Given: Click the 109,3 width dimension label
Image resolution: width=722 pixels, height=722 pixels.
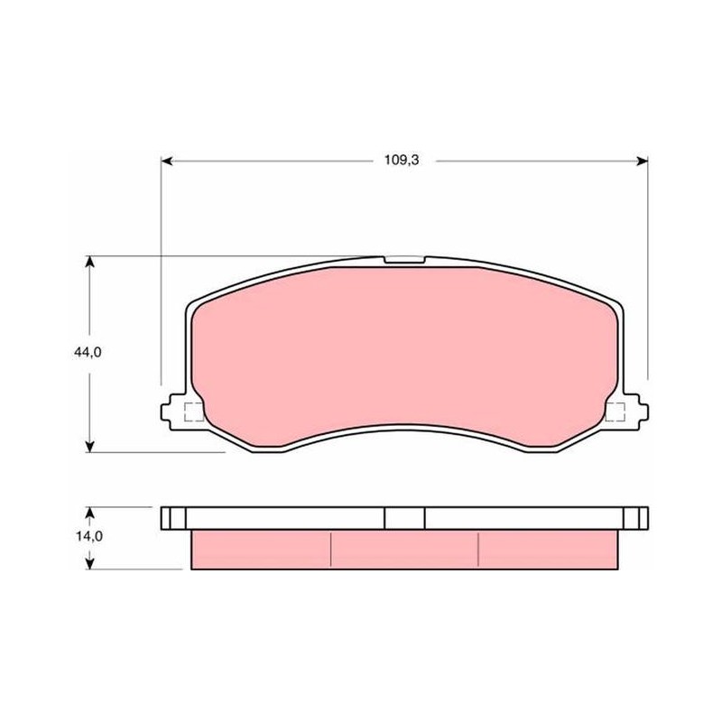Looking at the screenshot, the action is point(402,161).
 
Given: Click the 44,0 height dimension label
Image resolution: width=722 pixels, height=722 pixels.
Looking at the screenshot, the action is point(88,352).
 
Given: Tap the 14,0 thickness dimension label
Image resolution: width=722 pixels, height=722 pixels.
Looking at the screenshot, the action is point(88,536).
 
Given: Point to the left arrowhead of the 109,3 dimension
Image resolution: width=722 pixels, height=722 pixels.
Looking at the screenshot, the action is point(167,162).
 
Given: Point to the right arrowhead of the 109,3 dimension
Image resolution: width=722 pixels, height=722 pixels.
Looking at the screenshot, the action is point(643,162).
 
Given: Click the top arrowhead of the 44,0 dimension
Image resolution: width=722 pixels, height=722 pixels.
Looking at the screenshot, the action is point(90,262).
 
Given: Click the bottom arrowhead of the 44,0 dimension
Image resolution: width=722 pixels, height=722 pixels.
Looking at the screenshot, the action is point(90,447).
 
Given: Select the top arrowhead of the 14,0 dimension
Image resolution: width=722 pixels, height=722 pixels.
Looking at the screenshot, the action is point(90,513).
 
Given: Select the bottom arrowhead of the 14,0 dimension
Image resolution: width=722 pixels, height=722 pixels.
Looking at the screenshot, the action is point(90,563).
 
